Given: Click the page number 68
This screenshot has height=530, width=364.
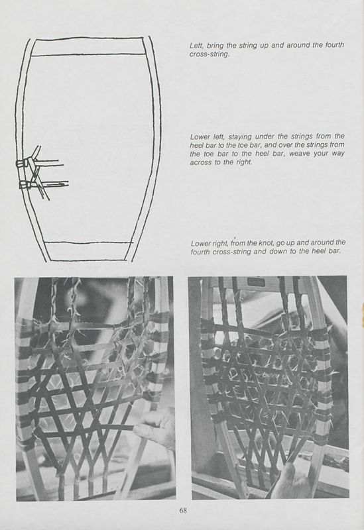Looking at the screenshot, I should coord(182,509).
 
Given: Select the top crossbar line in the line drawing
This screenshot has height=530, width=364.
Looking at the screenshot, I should coord(89,55).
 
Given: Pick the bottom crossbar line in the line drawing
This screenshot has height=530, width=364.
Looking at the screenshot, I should coord(88,242).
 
